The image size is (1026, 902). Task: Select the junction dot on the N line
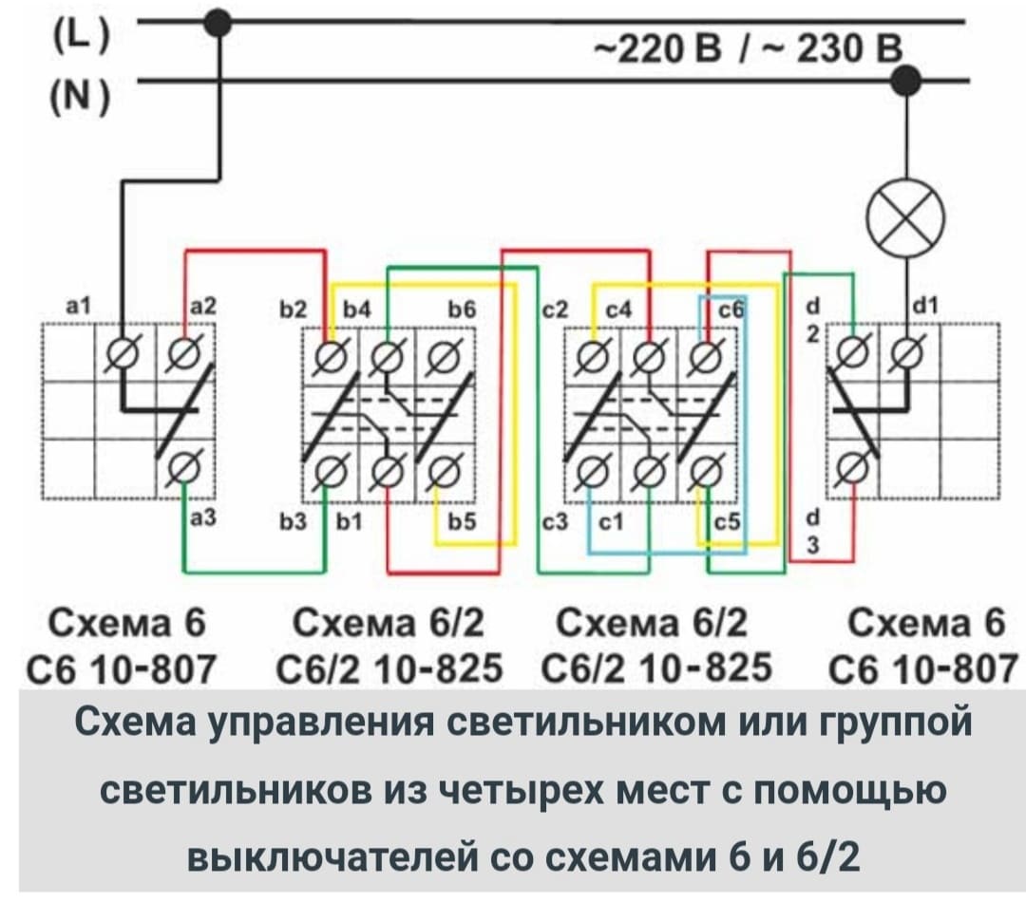(907, 81)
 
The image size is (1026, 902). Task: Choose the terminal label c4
(618, 309)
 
